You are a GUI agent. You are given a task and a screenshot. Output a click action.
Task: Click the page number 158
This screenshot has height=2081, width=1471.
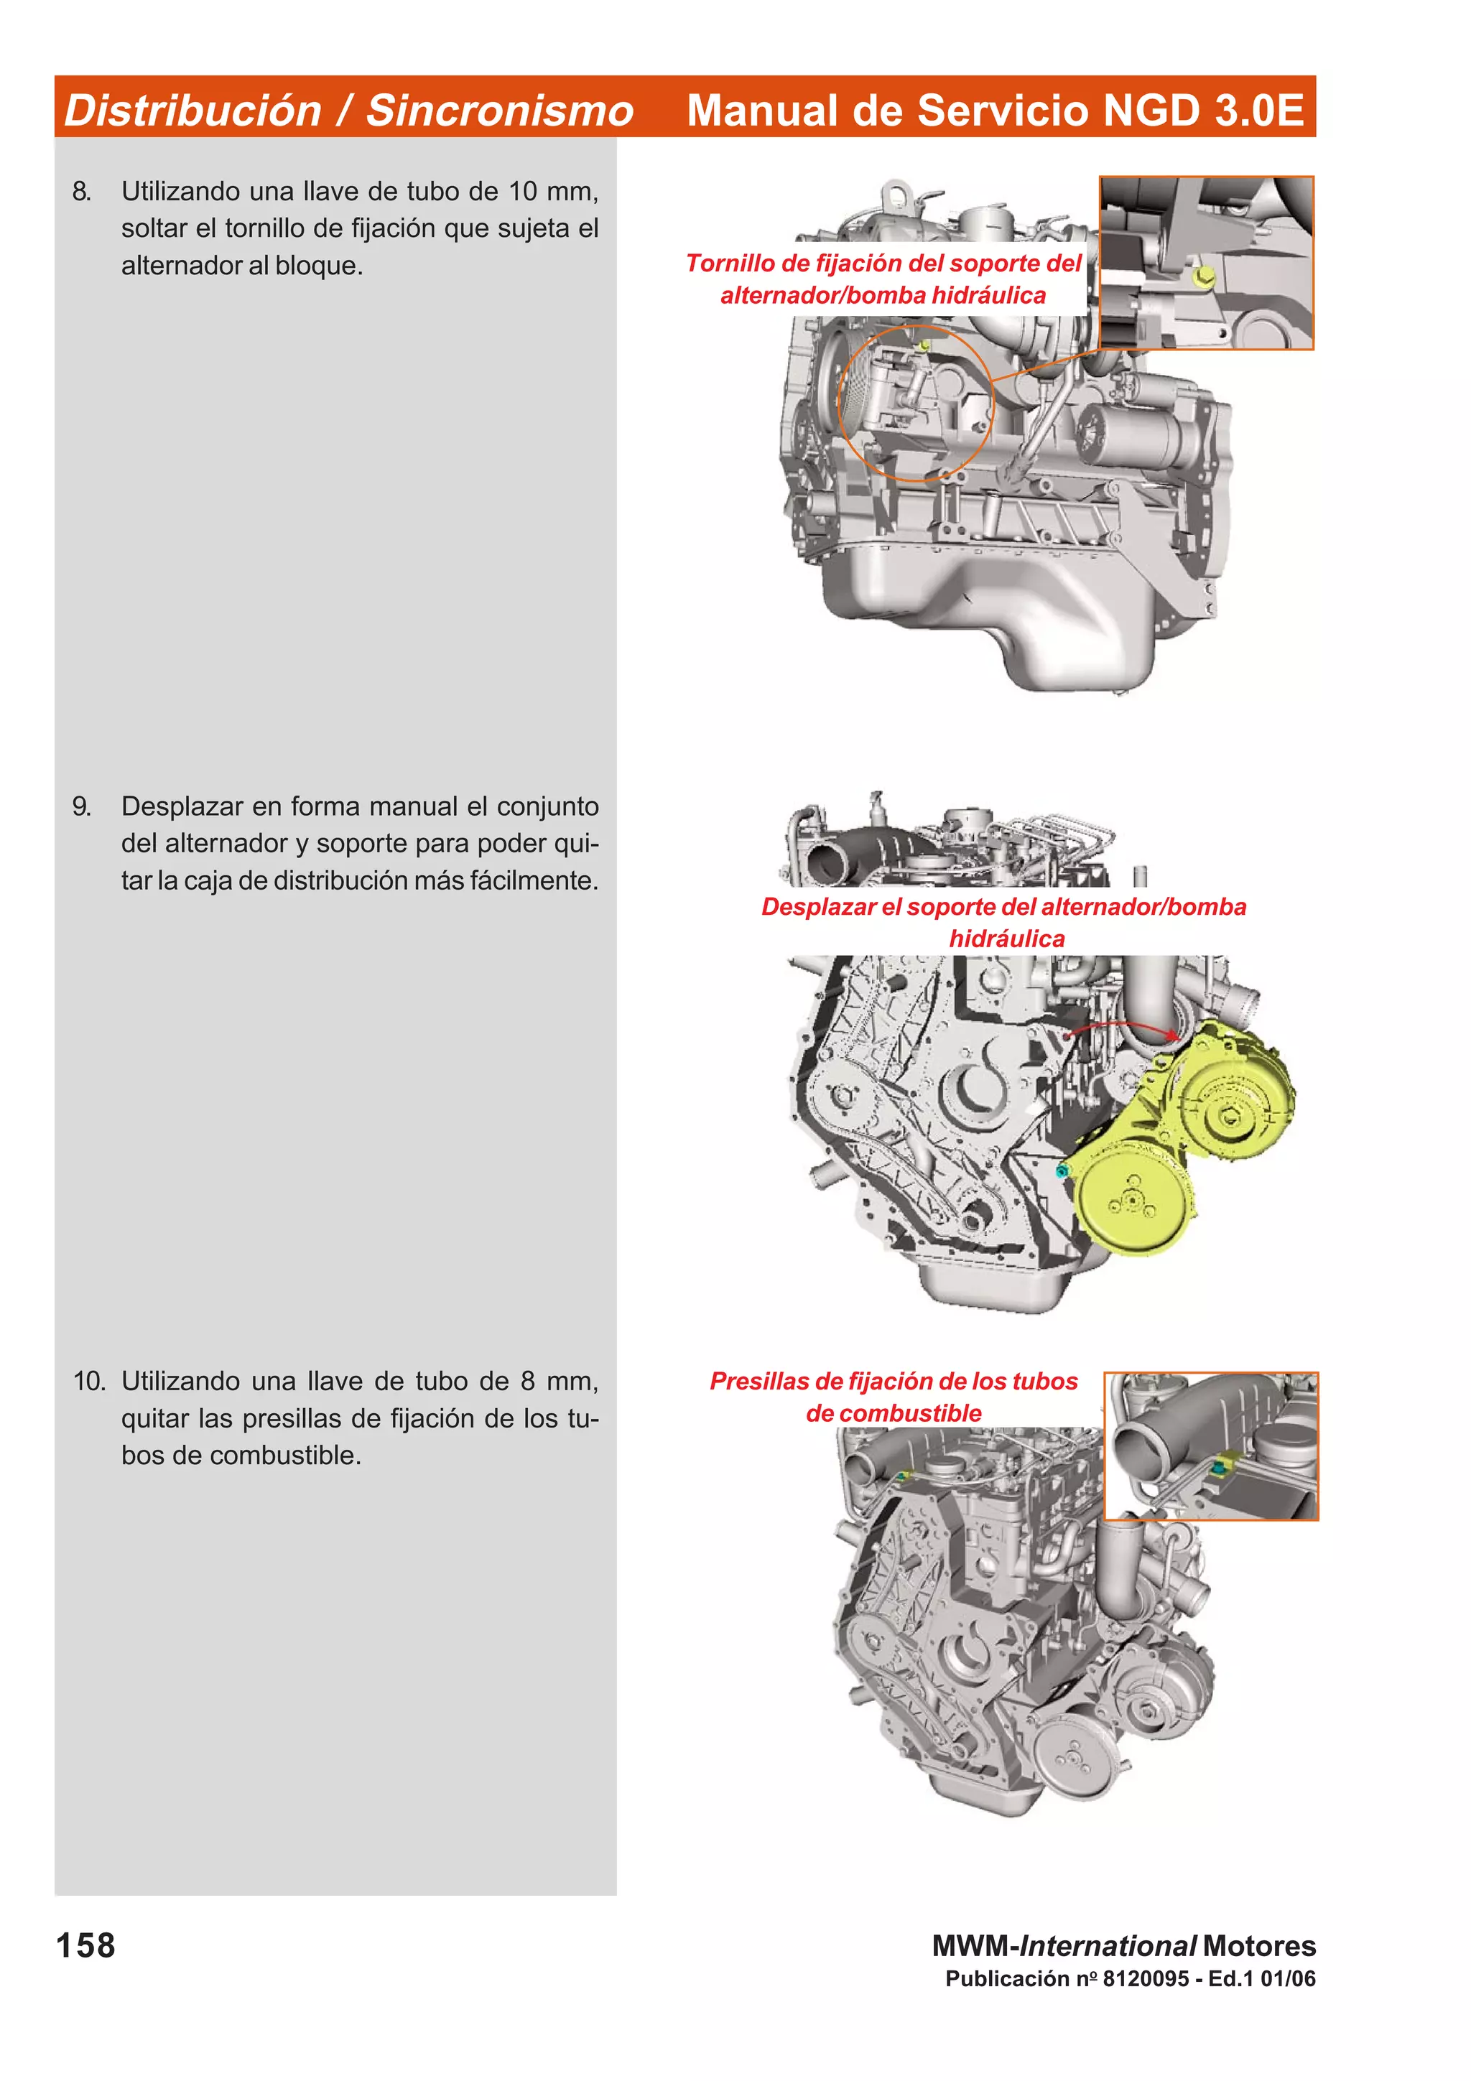pos(86,1946)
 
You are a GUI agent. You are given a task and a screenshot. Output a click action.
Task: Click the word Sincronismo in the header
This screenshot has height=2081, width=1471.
pos(499,111)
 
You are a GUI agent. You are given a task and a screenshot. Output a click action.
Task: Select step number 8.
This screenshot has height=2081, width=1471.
pos(82,191)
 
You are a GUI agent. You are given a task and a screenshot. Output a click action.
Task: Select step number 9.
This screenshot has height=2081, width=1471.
pos(82,806)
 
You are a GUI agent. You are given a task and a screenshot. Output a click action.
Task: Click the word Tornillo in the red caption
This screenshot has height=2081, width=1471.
pos(730,264)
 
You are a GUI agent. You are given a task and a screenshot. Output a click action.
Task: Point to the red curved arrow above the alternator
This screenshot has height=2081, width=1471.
pos(1124,1025)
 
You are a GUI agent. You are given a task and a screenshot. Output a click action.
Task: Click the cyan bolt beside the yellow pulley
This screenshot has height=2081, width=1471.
pos(1063,1171)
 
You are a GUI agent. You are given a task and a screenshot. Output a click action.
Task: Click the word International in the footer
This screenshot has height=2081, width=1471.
pos(1108,1946)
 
